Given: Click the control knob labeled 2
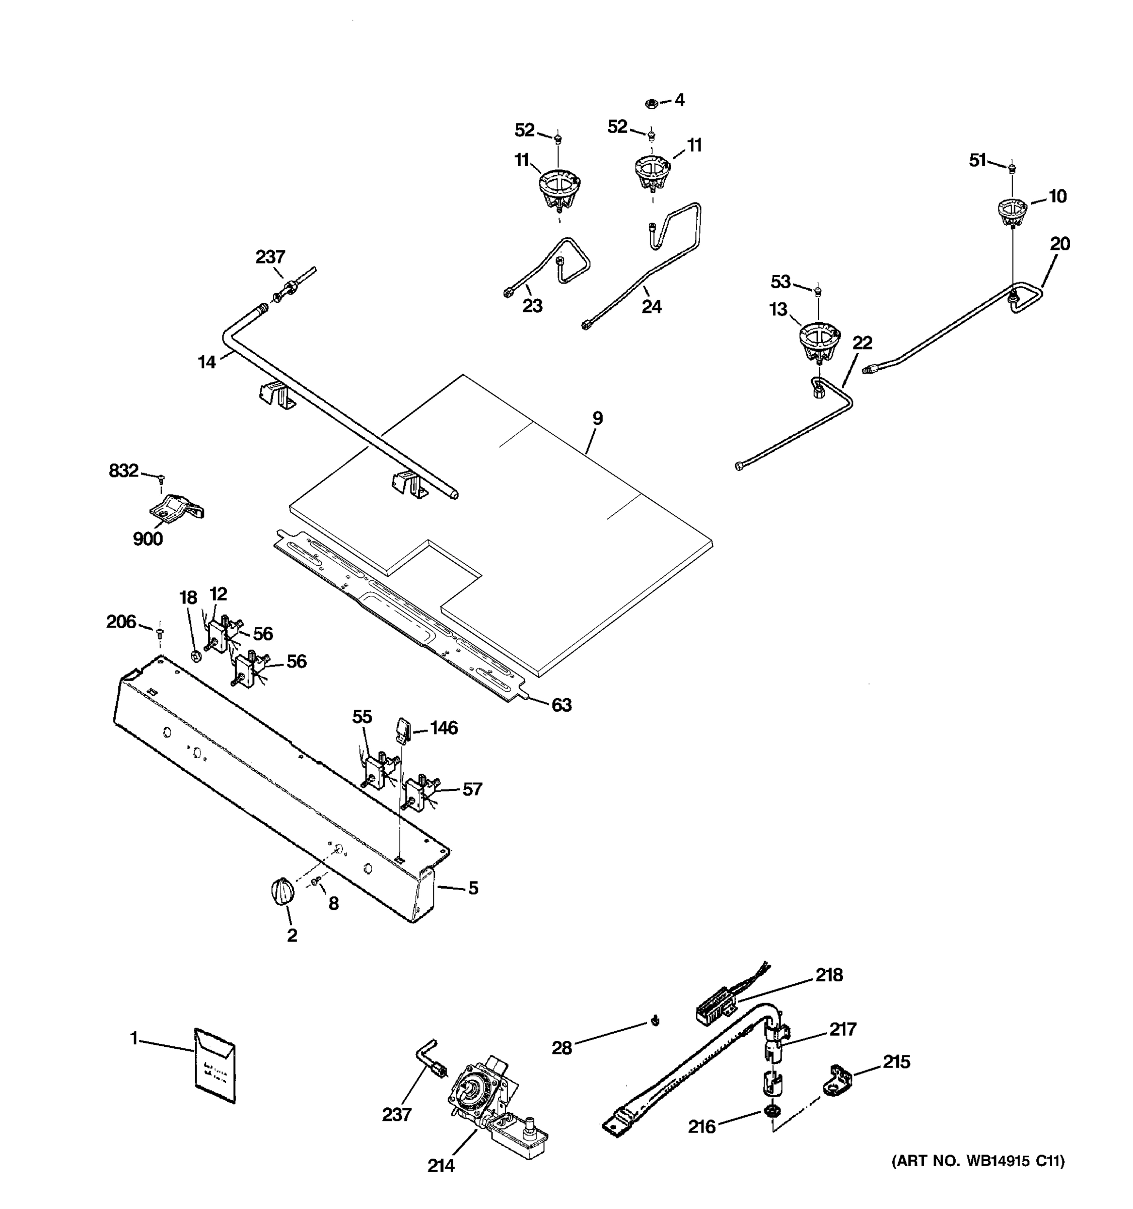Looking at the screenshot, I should (x=282, y=892).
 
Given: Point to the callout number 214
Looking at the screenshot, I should (x=441, y=1166).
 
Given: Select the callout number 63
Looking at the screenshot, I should (x=561, y=705).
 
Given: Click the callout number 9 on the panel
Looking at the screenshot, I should (x=598, y=419).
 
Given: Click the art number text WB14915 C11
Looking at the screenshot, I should (x=978, y=1162).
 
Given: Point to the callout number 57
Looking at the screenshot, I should (x=472, y=789).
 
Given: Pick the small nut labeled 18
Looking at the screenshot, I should (x=196, y=655).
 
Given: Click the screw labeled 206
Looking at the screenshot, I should (x=160, y=633).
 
